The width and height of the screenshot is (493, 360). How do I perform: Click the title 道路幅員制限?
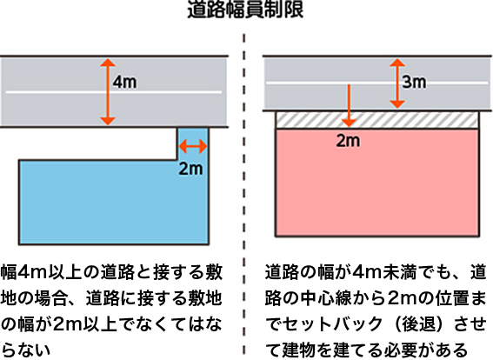[245, 10]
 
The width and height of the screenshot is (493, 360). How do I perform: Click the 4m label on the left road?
[125, 83]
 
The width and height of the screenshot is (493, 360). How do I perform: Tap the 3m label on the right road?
[415, 82]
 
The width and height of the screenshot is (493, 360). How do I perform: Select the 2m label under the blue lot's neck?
[190, 169]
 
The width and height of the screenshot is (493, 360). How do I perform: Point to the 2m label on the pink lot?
[348, 141]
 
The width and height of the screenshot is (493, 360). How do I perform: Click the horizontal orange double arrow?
[193, 146]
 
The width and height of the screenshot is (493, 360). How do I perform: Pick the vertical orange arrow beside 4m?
[108, 92]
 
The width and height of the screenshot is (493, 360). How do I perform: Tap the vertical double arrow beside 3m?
[397, 83]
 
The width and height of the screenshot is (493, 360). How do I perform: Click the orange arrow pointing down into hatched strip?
[349, 105]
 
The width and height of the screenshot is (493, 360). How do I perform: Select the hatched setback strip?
[377, 120]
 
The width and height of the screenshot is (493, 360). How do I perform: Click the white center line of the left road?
[114, 92]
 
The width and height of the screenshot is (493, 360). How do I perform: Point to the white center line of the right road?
[377, 83]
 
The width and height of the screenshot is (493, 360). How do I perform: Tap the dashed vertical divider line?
[244, 194]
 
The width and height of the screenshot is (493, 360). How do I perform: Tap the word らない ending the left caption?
[26, 350]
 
